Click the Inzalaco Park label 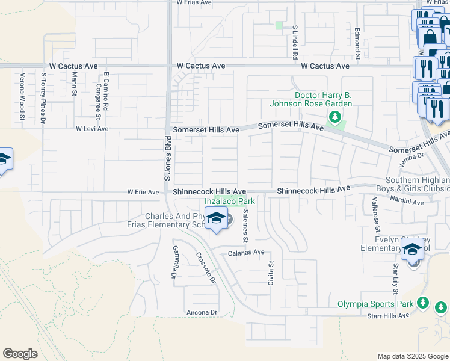tap(229, 201)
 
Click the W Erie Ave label tap(143, 193)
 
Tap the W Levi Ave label tap(91, 129)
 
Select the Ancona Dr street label tap(201, 312)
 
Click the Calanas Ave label tap(246, 253)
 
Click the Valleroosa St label tap(375, 214)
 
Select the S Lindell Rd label tap(295, 42)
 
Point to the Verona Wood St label tap(22, 96)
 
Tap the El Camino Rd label tap(106, 91)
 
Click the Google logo tap(20, 353)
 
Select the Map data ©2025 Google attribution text tap(412, 356)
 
